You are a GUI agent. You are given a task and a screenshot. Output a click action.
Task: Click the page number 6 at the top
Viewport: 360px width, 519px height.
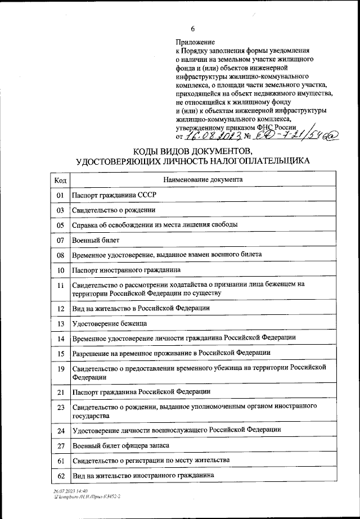(x=193, y=29)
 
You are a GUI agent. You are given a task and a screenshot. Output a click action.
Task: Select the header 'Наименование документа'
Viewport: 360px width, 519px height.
(x=202, y=180)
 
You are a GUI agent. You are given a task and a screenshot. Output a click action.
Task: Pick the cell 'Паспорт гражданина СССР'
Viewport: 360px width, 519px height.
(x=113, y=195)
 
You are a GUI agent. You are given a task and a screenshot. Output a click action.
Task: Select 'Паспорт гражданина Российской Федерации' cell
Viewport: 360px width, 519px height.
(x=141, y=391)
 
